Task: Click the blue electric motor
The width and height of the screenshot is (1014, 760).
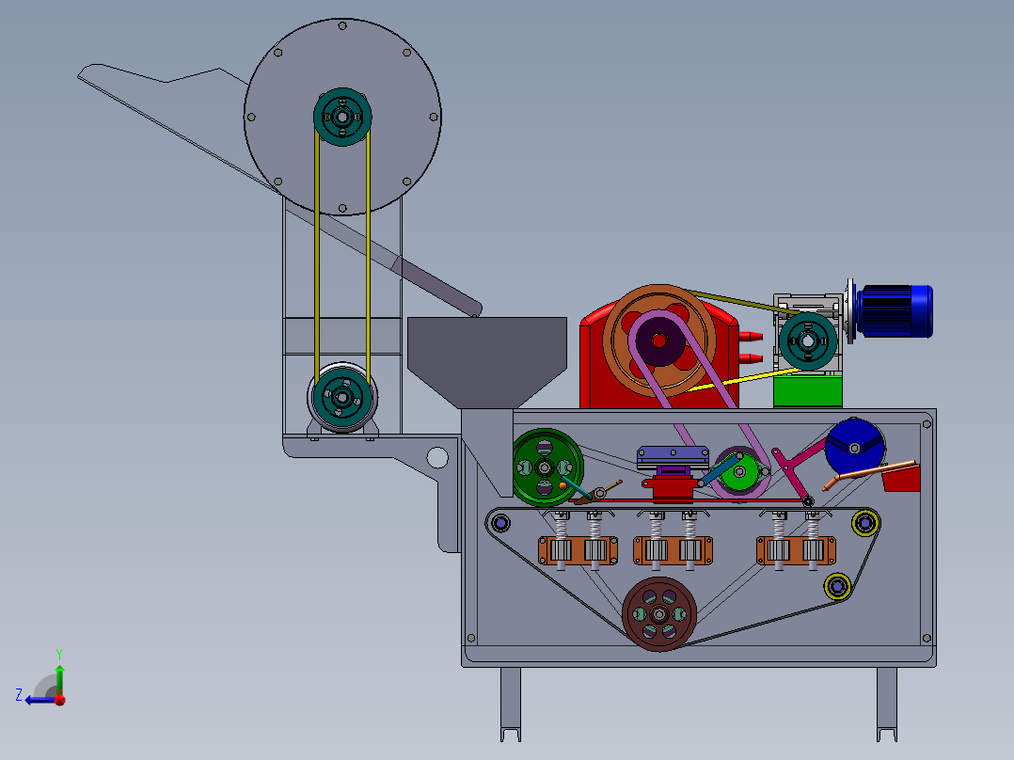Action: (895, 311)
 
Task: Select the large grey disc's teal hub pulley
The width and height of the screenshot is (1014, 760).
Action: (342, 117)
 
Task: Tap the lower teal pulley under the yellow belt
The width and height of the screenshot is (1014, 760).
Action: (342, 397)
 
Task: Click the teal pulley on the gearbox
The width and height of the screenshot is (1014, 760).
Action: (808, 340)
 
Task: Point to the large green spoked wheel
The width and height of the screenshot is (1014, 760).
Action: (547, 467)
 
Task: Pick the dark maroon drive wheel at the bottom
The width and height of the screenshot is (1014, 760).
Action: (659, 614)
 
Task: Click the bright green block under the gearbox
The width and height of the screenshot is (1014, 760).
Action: (808, 392)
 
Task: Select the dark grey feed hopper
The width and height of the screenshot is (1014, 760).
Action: (487, 362)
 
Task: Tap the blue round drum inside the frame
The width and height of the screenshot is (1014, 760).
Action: (854, 446)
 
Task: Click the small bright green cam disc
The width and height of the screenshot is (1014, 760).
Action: (739, 472)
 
